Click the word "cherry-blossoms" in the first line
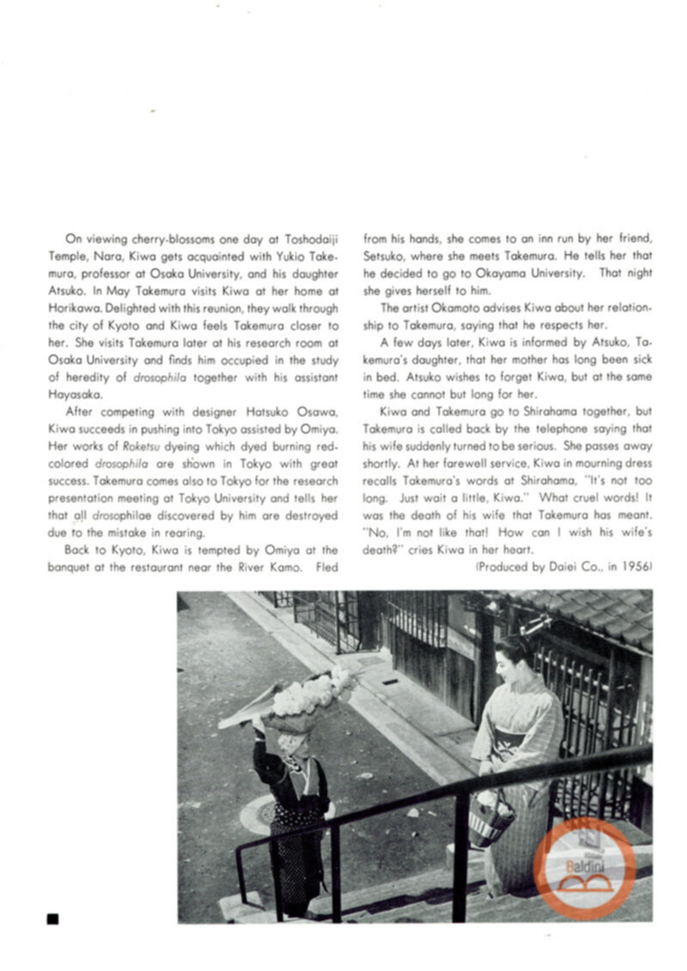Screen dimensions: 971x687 click(x=157, y=239)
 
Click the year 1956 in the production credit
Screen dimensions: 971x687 click(x=639, y=567)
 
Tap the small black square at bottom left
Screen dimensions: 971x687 click(x=53, y=919)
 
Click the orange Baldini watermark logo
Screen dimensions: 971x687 click(x=584, y=864)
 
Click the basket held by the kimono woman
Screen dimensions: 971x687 click(x=491, y=819)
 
